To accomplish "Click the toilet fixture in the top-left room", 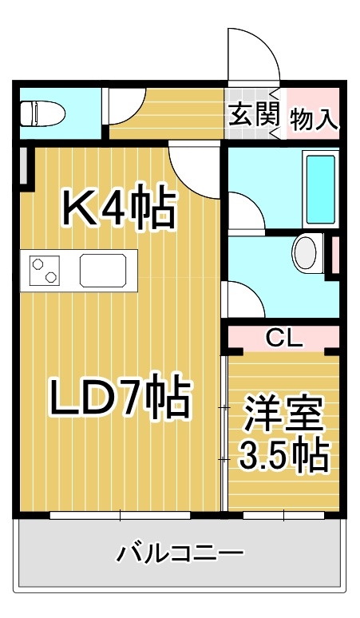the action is (43, 113).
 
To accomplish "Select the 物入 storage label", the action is (314, 119).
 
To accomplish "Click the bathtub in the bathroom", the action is (321, 188).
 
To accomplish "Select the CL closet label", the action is (284, 338).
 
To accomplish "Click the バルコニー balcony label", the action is (180, 554).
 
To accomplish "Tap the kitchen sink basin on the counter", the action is (104, 271).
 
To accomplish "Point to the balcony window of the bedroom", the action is (283, 515).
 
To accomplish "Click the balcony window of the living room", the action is (120, 515).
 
